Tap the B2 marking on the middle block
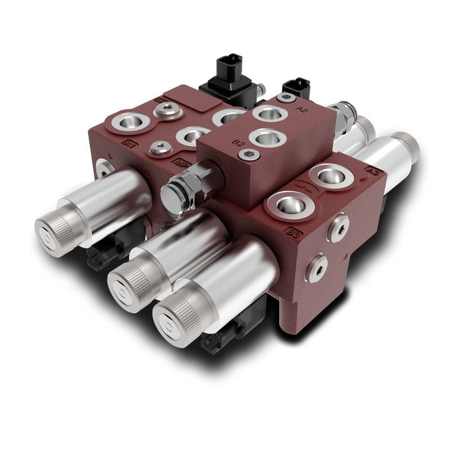point(238,143)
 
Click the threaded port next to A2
point(270,113)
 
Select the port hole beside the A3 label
point(333,175)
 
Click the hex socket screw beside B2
point(249,155)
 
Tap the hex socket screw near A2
point(286,98)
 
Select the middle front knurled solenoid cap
point(127,287)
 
